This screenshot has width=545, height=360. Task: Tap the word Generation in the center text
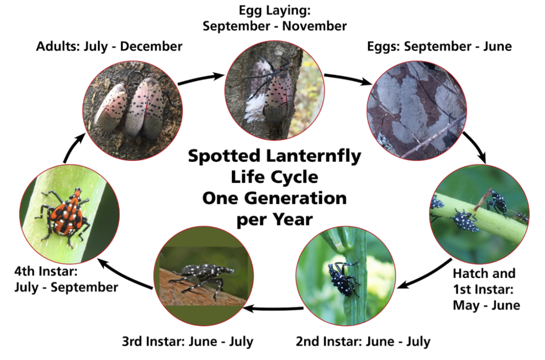296,198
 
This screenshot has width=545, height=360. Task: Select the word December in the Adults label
151,46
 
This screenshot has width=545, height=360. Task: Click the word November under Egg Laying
314,26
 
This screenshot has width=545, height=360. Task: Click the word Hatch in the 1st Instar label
471,273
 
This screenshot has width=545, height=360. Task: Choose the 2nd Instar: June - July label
363,341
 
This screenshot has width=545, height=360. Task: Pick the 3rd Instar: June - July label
188,341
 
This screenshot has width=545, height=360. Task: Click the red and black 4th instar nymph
64,215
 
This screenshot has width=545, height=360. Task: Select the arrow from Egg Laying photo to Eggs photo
348,79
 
